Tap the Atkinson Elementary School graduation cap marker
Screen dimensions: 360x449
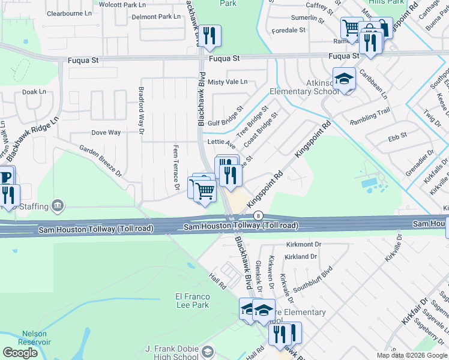pos(345,79)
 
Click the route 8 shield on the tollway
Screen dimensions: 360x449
pos(258,215)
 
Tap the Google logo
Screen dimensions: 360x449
pos(20,353)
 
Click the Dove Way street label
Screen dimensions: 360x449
pos(106,133)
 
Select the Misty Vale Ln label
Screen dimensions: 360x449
pos(228,82)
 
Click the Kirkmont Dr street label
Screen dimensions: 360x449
pos(304,245)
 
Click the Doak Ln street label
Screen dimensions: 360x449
pos(34,92)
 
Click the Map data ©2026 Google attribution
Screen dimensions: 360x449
pos(411,355)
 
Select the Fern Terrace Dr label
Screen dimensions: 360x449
pos(176,167)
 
